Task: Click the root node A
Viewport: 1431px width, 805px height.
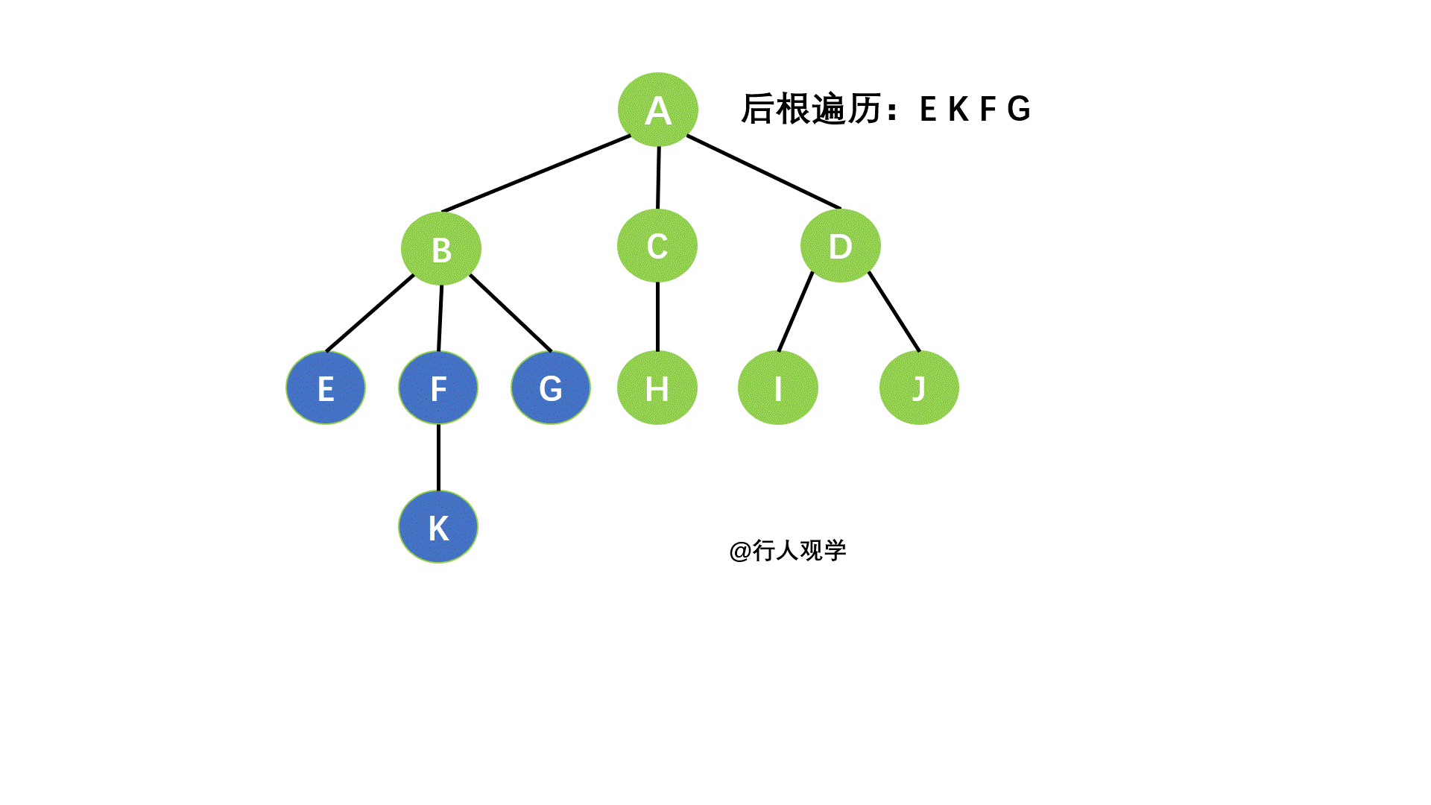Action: [x=657, y=110]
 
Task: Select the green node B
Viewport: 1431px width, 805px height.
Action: [x=440, y=248]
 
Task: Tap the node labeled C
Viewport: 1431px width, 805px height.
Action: [x=657, y=245]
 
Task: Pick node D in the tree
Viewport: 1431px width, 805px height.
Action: [x=840, y=245]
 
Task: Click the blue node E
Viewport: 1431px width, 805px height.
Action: [x=326, y=388]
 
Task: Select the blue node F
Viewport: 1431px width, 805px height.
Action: [x=438, y=388]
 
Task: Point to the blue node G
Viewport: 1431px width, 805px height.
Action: [x=551, y=388]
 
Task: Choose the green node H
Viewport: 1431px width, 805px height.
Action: [x=657, y=388]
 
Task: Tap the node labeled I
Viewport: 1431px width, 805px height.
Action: [x=777, y=388]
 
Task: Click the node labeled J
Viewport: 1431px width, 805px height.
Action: [x=918, y=388]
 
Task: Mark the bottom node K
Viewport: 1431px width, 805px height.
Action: [x=438, y=526]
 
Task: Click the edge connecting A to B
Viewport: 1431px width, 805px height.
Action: [x=537, y=174]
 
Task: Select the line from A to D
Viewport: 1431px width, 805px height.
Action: [x=763, y=171]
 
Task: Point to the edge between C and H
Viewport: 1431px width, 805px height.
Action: [x=657, y=317]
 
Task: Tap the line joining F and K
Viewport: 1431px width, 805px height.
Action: [x=438, y=458]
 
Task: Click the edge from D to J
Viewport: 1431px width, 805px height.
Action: [x=894, y=312]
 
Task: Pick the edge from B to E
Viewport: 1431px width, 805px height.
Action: [x=370, y=313]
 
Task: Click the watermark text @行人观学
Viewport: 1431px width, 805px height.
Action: [x=788, y=551]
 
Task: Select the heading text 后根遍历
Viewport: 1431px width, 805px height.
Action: [x=812, y=110]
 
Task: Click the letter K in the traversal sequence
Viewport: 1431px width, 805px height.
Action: [x=958, y=110]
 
